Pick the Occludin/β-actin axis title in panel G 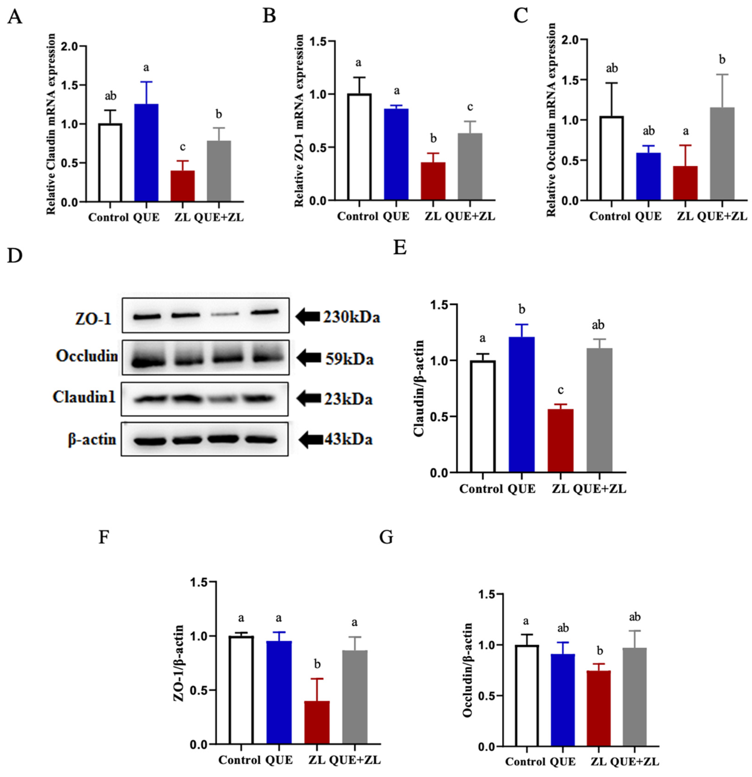(468, 670)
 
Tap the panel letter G (386, 537)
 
